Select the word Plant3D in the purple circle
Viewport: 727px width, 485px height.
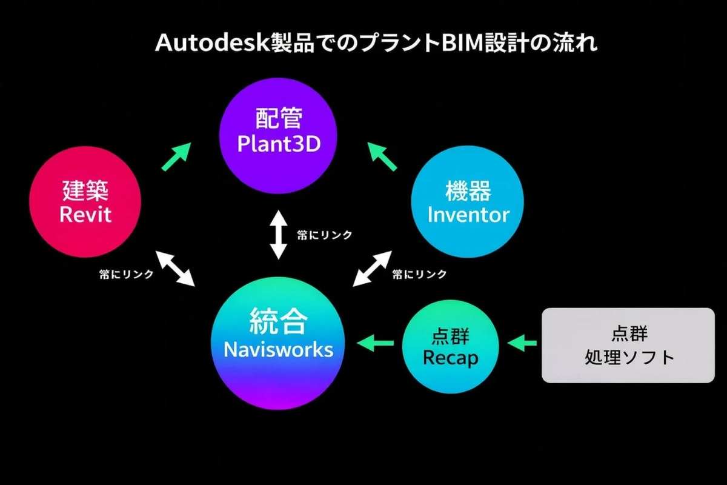[279, 144]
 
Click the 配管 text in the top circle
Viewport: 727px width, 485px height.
[279, 118]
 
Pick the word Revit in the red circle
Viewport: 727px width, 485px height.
[85, 214]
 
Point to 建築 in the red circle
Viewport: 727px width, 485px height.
[85, 190]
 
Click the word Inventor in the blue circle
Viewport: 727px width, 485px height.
[468, 215]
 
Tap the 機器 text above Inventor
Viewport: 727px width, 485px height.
[468, 191]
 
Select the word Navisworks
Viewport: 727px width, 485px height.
[279, 349]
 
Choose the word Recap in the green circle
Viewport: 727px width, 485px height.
[450, 358]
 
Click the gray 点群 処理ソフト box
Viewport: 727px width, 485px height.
[628, 346]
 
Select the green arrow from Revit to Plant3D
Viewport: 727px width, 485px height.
[176, 156]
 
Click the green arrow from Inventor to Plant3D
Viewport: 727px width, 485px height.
[383, 156]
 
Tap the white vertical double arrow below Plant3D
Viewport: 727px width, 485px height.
[278, 235]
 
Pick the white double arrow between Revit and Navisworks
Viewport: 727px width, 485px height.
[175, 267]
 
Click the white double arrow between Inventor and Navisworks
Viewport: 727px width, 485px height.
[372, 268]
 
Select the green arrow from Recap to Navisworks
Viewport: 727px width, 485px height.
[376, 344]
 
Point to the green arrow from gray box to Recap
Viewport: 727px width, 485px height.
[522, 344]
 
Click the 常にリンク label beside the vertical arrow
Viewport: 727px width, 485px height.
[324, 235]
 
